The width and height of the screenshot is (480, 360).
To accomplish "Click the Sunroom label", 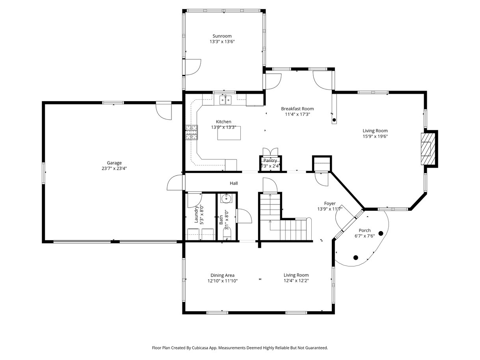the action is (x=222, y=36).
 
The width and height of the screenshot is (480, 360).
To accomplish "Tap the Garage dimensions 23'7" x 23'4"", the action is (x=114, y=168).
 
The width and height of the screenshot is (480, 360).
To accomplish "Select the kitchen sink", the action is (x=225, y=100).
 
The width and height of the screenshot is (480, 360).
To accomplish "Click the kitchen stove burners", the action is (x=192, y=132).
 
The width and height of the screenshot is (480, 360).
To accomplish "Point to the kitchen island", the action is (x=229, y=133).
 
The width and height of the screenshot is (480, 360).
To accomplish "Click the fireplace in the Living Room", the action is (x=428, y=149).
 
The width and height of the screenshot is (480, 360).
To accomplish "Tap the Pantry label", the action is (x=270, y=160).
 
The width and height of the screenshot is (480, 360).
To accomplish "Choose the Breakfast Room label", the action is (x=298, y=109).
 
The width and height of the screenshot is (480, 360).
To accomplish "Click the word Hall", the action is (x=234, y=183).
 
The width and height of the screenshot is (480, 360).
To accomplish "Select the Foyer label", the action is (x=330, y=204).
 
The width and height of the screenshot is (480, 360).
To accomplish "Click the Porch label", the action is (x=365, y=230).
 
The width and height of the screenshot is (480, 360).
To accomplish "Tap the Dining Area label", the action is (x=222, y=275).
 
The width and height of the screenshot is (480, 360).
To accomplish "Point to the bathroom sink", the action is (x=226, y=199).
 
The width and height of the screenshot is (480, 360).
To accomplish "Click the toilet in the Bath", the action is (x=227, y=234).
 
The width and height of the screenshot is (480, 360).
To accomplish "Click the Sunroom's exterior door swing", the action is (x=193, y=67).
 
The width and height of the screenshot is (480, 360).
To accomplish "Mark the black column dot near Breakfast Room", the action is (x=334, y=120).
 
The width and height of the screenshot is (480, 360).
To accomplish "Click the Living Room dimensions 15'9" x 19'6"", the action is (x=375, y=136).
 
